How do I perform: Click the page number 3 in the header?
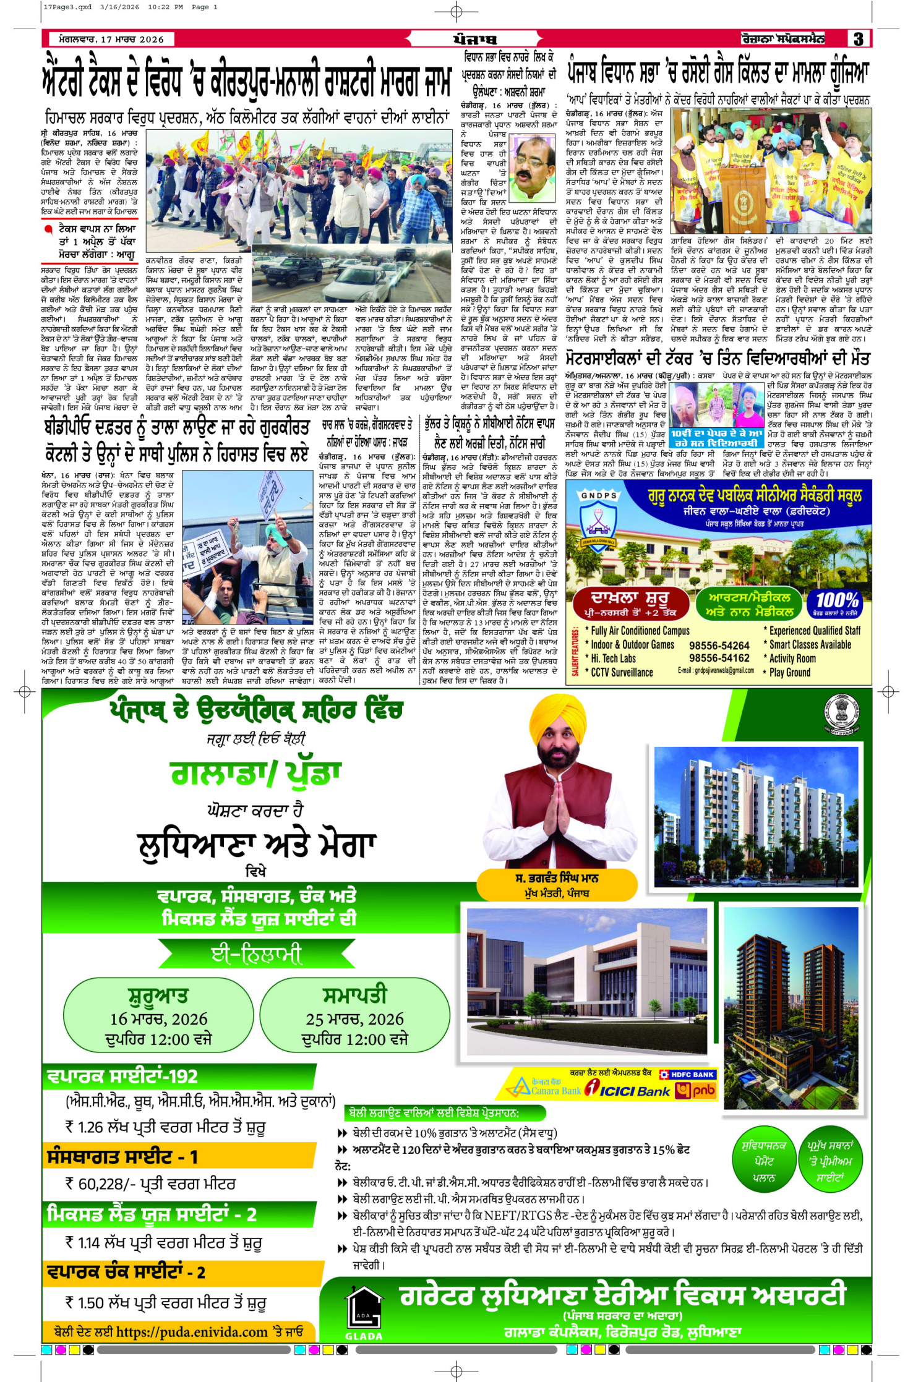tap(859, 39)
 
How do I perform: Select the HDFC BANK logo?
tap(688, 1074)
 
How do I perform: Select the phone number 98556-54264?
tap(719, 646)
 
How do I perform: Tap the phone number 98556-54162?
tap(719, 658)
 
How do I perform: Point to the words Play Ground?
tap(790, 672)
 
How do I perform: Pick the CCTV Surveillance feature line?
tap(622, 672)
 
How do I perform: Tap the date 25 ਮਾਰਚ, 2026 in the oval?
tap(354, 1018)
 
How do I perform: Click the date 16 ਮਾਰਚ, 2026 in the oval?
tap(158, 1018)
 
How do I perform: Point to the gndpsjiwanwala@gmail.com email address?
tap(716, 670)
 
